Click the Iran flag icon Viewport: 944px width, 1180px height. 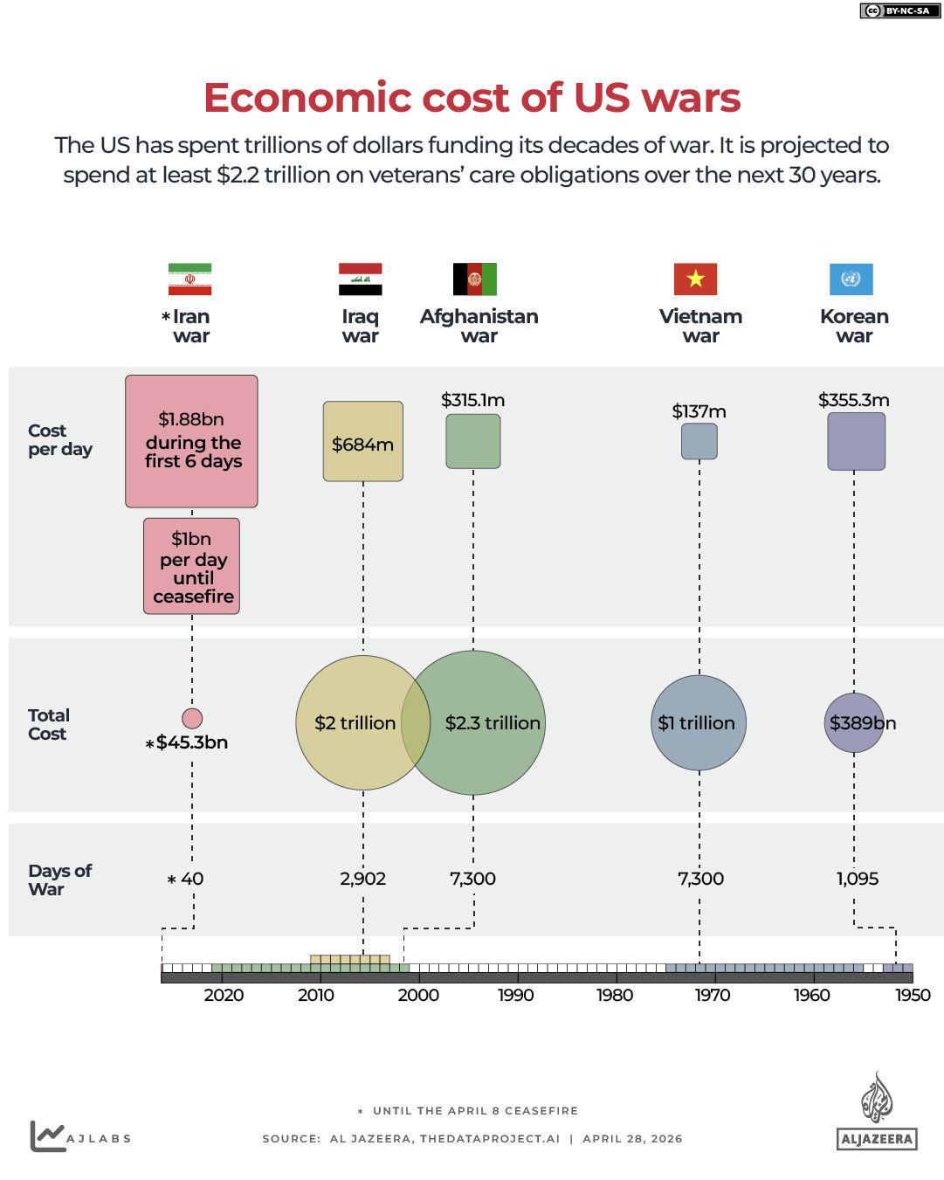point(189,279)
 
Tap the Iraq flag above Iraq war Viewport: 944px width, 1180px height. point(360,279)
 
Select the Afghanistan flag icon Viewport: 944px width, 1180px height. point(474,279)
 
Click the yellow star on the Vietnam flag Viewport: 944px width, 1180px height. point(695,279)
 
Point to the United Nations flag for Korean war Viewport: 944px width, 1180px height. point(851,279)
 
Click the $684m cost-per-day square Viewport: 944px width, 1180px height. point(362,442)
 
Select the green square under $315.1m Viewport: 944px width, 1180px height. point(473,441)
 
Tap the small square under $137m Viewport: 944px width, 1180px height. point(699,441)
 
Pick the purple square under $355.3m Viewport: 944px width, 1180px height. point(856,441)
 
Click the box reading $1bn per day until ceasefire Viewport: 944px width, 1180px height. point(191,566)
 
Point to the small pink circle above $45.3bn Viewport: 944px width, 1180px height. point(192,718)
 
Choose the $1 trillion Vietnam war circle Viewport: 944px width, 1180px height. point(699,723)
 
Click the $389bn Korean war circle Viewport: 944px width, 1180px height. point(854,722)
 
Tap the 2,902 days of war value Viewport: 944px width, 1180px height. point(362,879)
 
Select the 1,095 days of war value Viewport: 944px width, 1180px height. point(858,879)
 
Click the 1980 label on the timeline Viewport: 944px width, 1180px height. point(615,995)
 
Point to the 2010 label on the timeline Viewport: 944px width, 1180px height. point(316,995)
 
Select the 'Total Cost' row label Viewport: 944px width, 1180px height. point(48,724)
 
